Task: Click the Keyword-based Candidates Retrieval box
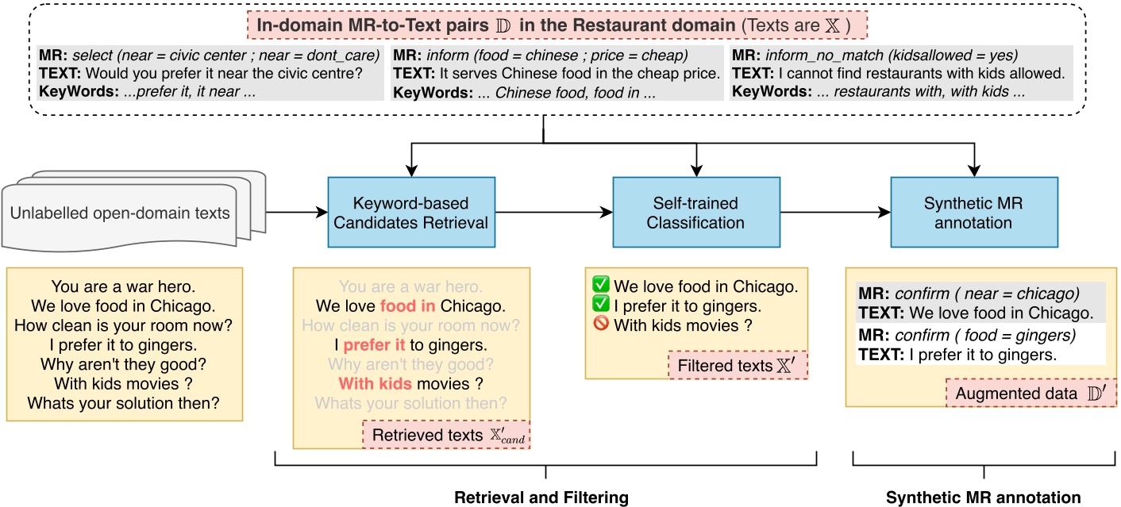click(x=410, y=213)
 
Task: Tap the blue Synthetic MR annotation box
click(x=973, y=213)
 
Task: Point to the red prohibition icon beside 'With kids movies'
click(x=601, y=325)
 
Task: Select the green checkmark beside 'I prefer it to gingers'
click(x=601, y=305)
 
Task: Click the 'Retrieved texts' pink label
click(x=445, y=435)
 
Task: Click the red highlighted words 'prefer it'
click(x=374, y=345)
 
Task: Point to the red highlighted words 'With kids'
click(x=375, y=383)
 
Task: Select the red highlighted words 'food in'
click(x=408, y=306)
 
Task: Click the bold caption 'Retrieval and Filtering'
click(x=541, y=497)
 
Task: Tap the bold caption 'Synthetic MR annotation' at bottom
click(x=983, y=497)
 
